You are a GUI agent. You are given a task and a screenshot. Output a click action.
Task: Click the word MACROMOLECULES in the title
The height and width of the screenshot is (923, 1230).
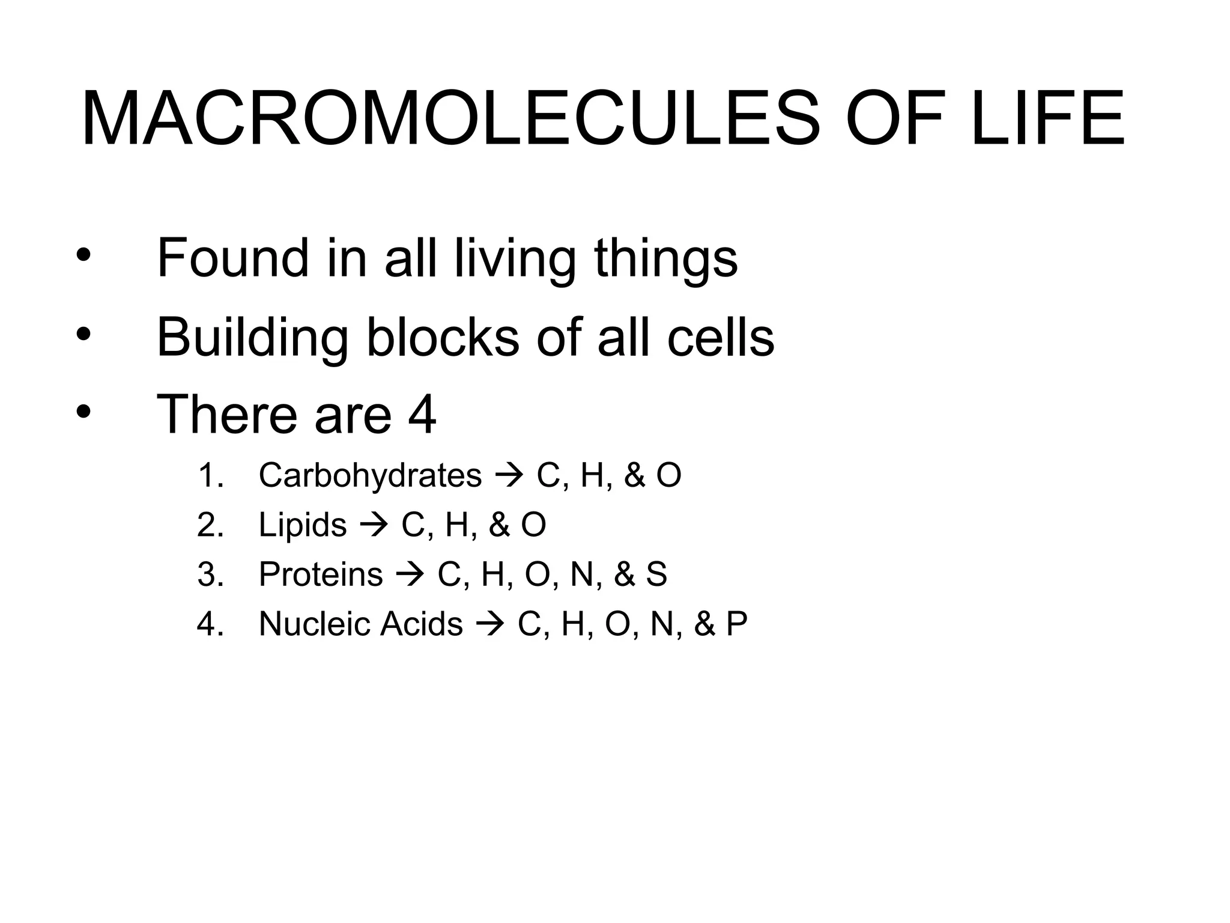450,118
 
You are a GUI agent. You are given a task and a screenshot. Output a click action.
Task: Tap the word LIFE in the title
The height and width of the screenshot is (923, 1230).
1047,118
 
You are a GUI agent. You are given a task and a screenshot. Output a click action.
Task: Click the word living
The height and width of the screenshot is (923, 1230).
514,260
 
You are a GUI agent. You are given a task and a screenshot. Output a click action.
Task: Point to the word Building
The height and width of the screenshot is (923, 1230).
252,338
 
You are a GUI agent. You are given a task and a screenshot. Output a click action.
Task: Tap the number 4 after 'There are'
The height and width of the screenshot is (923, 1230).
422,415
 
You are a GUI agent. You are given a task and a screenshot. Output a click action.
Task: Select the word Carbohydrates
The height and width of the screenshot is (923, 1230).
370,476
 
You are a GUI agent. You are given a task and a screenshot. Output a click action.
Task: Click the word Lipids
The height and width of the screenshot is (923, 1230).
303,525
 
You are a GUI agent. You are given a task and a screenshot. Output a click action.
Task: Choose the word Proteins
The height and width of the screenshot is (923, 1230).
321,574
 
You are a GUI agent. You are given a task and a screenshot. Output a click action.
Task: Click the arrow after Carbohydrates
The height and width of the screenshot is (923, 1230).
508,476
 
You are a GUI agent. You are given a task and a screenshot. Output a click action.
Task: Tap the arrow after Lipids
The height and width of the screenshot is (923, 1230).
374,525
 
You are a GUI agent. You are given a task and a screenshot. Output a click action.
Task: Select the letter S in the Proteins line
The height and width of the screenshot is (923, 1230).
656,574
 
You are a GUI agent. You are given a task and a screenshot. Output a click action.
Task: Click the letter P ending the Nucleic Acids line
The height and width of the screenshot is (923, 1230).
736,624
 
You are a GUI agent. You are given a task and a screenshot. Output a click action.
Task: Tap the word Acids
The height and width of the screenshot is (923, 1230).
421,624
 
